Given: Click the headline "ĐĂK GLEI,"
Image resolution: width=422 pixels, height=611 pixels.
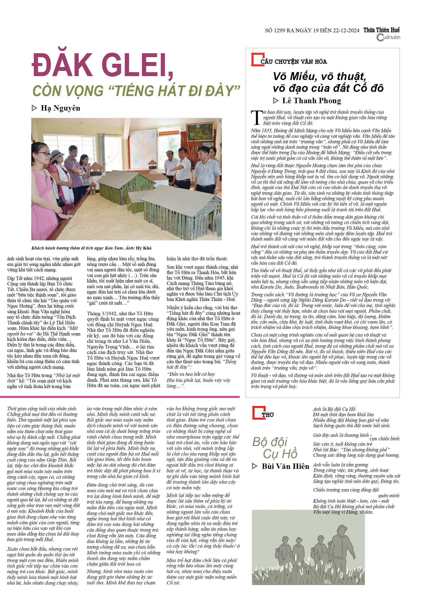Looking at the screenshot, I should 102,65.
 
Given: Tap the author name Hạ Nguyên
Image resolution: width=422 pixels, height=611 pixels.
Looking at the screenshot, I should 60,108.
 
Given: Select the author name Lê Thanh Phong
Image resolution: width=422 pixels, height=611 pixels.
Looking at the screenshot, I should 311,101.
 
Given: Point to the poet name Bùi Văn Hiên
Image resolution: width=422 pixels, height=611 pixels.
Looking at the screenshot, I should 285,466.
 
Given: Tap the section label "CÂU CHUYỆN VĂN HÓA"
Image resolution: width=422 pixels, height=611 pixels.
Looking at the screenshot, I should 293,62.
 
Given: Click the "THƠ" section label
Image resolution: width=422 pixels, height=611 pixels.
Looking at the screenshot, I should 268,415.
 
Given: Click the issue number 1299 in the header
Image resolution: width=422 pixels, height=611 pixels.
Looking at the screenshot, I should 279,30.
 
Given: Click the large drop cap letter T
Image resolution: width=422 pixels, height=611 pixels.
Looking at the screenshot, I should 256,118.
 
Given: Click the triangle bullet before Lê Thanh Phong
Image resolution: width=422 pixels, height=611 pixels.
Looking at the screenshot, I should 276,101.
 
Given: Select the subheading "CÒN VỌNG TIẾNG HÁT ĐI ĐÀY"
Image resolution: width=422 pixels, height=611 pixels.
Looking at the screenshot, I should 136,91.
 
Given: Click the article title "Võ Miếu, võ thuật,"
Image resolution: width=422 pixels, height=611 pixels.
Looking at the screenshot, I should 320,76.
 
